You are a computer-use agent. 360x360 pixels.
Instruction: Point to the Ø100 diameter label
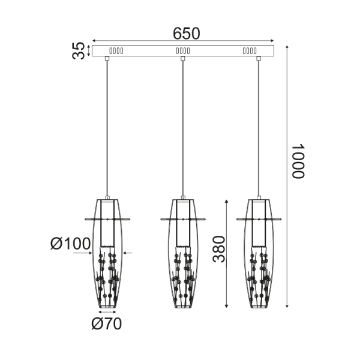[x=70, y=244]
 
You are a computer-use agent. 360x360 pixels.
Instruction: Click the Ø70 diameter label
[x=106, y=324]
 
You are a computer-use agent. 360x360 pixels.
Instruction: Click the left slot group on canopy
[x=116, y=51]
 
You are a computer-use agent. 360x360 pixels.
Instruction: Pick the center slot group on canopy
[x=182, y=51]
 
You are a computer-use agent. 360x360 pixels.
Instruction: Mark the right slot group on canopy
[x=249, y=51]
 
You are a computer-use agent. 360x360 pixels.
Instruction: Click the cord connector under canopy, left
[x=107, y=59]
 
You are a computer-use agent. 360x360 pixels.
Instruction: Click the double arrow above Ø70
[x=107, y=312]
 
